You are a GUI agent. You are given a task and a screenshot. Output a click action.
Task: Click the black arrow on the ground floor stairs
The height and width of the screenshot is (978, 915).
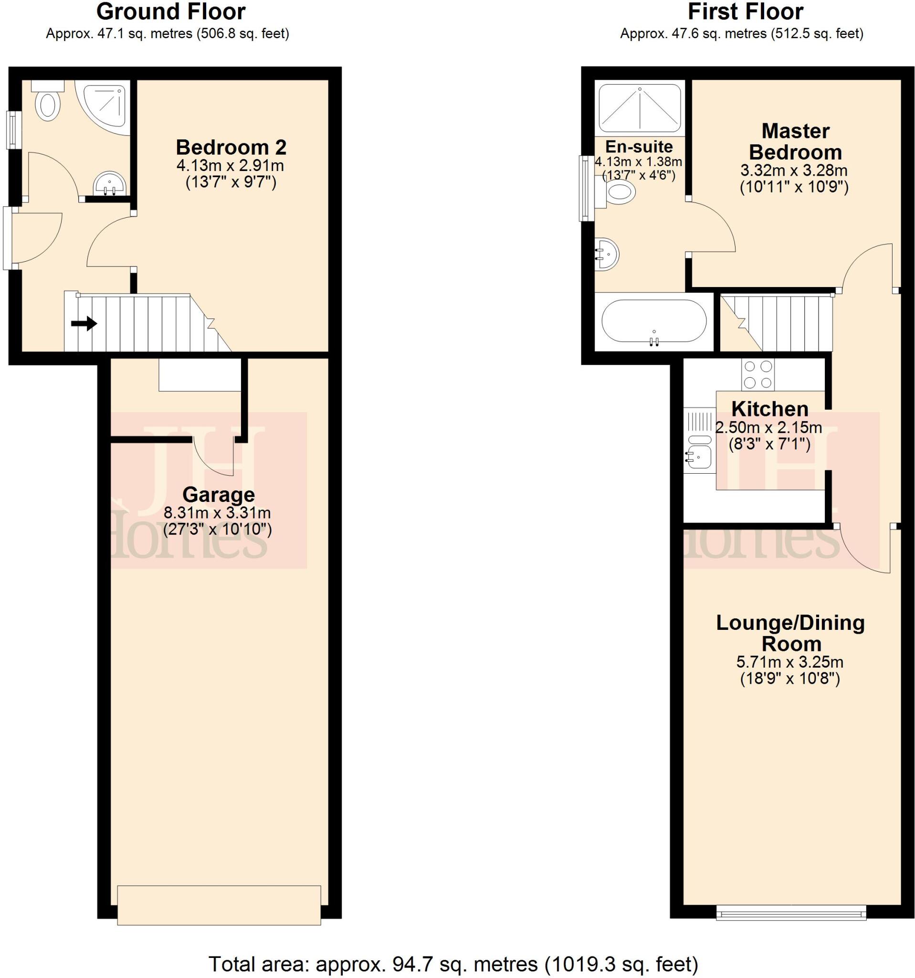coord(84,324)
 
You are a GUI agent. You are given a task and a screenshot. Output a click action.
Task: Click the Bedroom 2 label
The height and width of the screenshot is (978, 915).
coord(231,147)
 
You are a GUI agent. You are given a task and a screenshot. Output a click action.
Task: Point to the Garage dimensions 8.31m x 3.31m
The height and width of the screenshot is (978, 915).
coord(217,513)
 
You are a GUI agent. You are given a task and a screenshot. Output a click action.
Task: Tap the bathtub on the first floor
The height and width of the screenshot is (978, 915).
coord(653,321)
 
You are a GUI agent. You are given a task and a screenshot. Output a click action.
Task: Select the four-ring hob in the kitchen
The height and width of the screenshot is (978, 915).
coord(757,374)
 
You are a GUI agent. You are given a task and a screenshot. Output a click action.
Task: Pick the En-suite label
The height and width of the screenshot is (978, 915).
coord(639,147)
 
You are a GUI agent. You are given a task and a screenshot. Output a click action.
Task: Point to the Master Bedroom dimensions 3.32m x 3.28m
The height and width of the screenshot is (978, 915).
coord(794,170)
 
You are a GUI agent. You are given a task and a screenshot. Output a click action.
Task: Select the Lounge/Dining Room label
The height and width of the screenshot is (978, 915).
coord(789,633)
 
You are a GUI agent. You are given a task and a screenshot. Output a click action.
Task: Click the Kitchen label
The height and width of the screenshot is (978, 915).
coord(769,409)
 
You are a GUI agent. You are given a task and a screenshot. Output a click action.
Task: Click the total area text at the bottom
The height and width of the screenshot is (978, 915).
coord(453,964)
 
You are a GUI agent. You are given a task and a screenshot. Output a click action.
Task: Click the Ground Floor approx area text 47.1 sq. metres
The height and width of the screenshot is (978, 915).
coord(167,33)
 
